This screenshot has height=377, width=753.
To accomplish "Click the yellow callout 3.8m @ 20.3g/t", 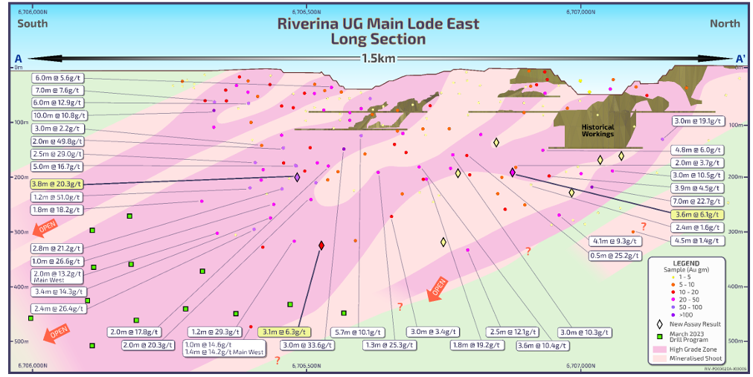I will coord(57,184).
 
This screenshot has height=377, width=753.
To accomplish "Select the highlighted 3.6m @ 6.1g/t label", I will coord(696,213).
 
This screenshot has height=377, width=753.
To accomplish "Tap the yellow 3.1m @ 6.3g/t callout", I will coord(285,332).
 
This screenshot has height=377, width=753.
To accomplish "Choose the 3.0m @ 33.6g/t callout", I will coord(306,345).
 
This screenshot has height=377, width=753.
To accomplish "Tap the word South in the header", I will coord(33,24).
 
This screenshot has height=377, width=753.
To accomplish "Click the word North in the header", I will coord(724,24).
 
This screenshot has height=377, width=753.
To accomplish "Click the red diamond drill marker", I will coord(321,245).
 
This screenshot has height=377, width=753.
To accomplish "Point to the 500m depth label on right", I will coord(737,341).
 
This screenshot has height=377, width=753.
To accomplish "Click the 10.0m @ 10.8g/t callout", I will coord(60,115).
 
